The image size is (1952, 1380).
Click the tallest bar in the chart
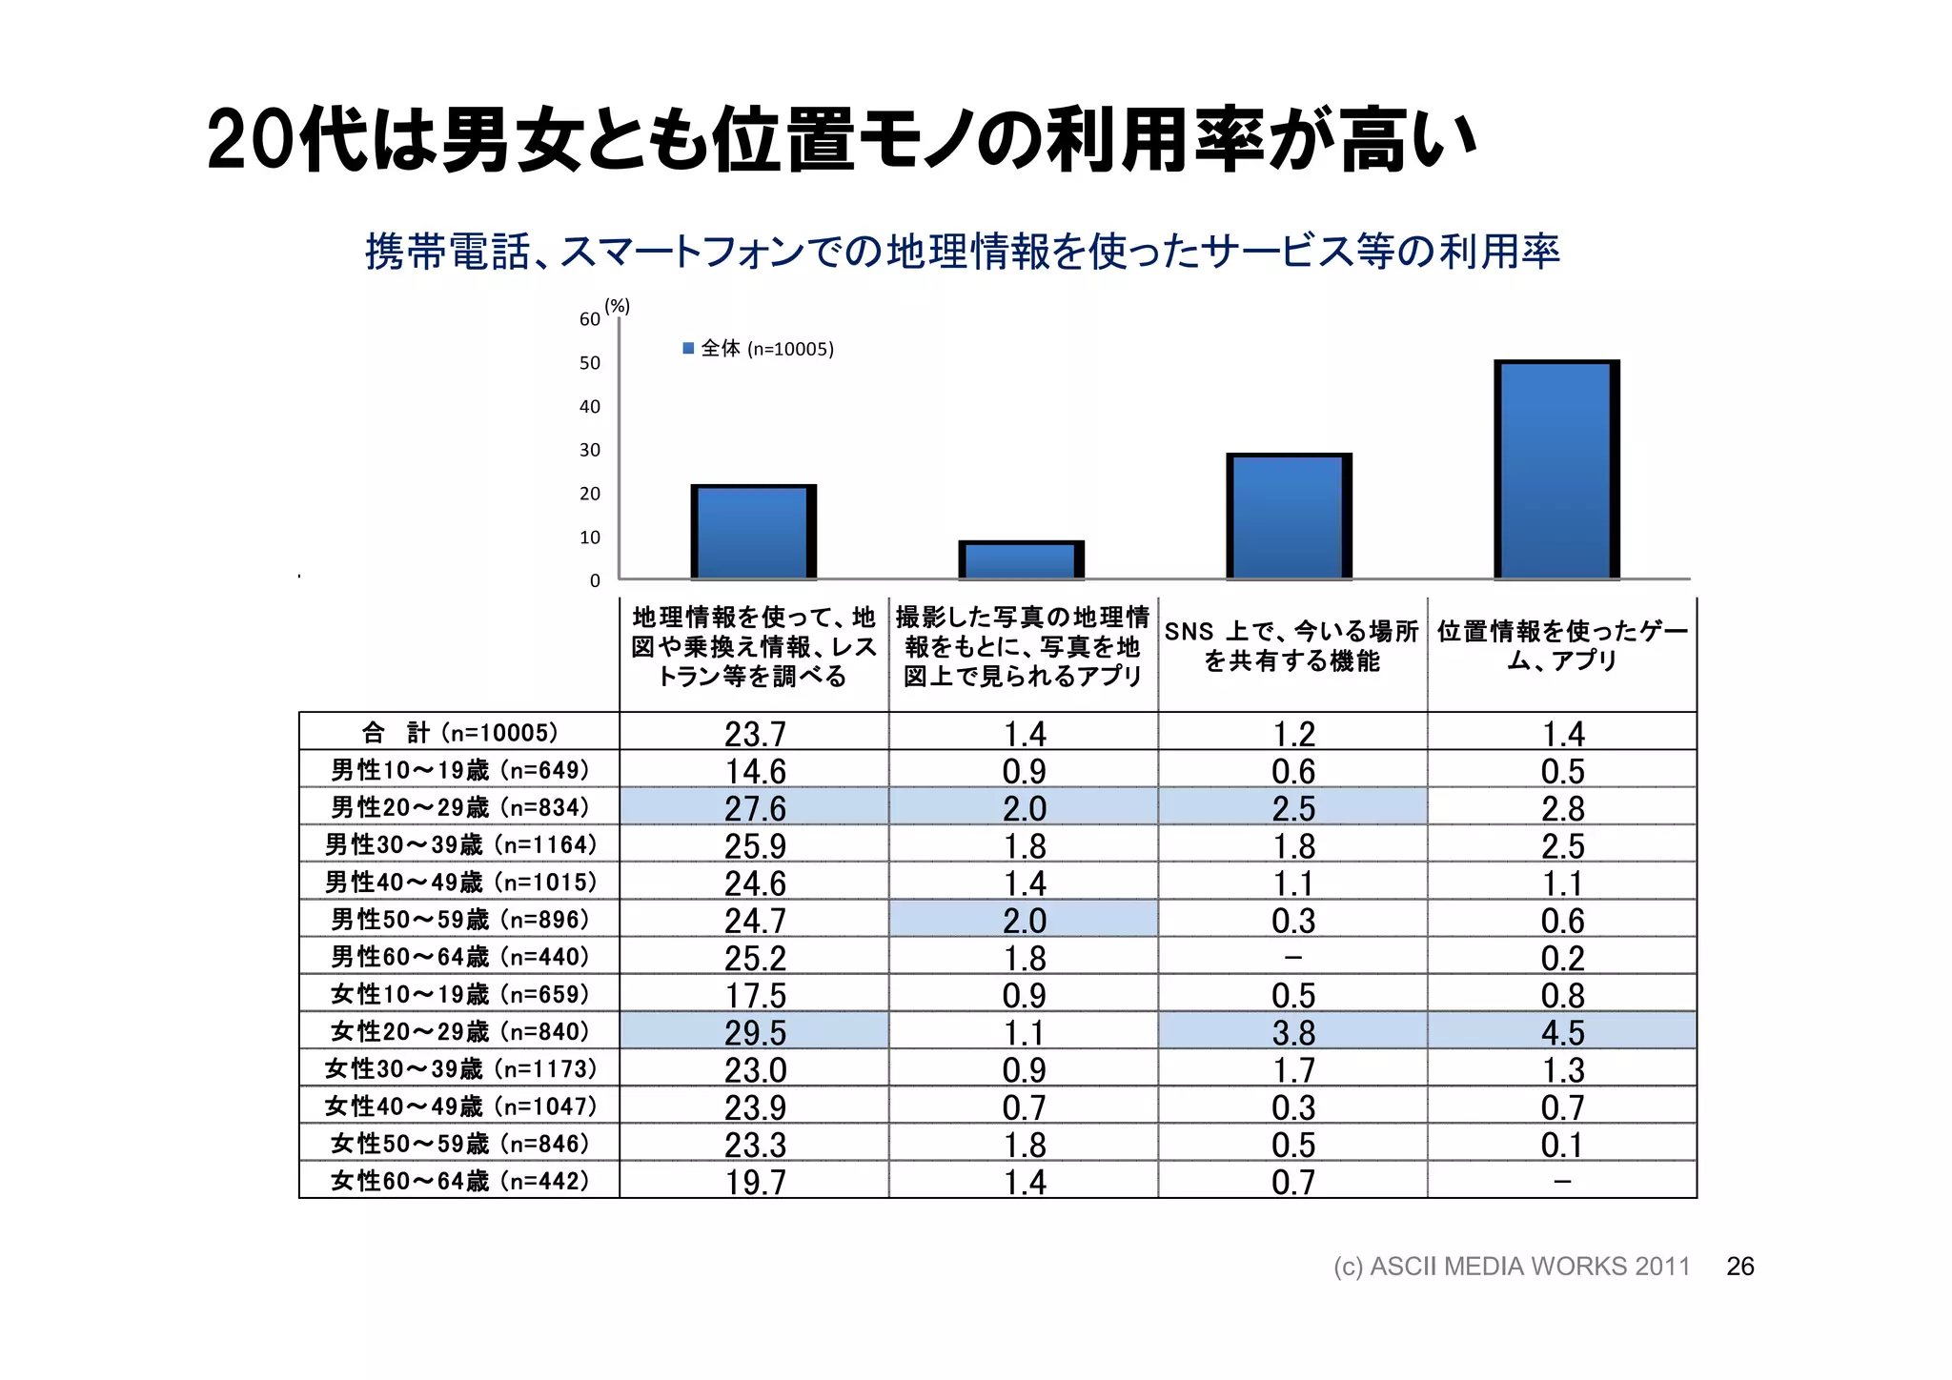click(x=1556, y=470)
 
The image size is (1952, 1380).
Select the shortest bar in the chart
click(x=1021, y=560)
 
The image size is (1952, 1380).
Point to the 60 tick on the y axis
click(x=590, y=319)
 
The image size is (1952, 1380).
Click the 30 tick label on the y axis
click(x=590, y=450)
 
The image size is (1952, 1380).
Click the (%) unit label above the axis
click(x=618, y=306)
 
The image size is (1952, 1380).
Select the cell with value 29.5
click(x=755, y=1032)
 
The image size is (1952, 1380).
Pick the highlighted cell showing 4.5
click(x=1562, y=1032)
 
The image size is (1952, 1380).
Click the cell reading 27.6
click(x=755, y=808)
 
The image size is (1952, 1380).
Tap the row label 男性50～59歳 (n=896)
click(x=459, y=920)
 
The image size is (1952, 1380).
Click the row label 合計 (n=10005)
click(x=459, y=733)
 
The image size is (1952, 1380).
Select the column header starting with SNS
click(x=1291, y=646)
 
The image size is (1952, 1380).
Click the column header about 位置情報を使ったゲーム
click(x=1562, y=646)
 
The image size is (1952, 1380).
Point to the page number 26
click(x=1739, y=1267)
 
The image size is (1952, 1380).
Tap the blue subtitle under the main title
click(x=963, y=252)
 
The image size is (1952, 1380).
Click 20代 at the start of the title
click(x=286, y=141)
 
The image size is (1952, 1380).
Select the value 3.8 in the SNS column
click(x=1292, y=1032)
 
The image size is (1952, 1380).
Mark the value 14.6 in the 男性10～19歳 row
click(x=755, y=771)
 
